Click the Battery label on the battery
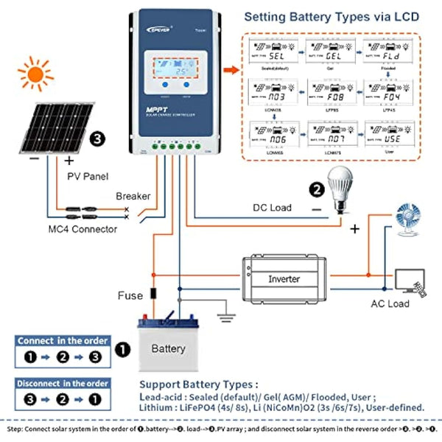(167, 348)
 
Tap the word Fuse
(130, 295)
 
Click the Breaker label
(133, 197)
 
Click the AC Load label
(389, 304)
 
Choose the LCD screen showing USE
(390, 138)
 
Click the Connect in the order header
(63, 340)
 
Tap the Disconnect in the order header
(63, 383)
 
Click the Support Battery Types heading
(199, 385)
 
